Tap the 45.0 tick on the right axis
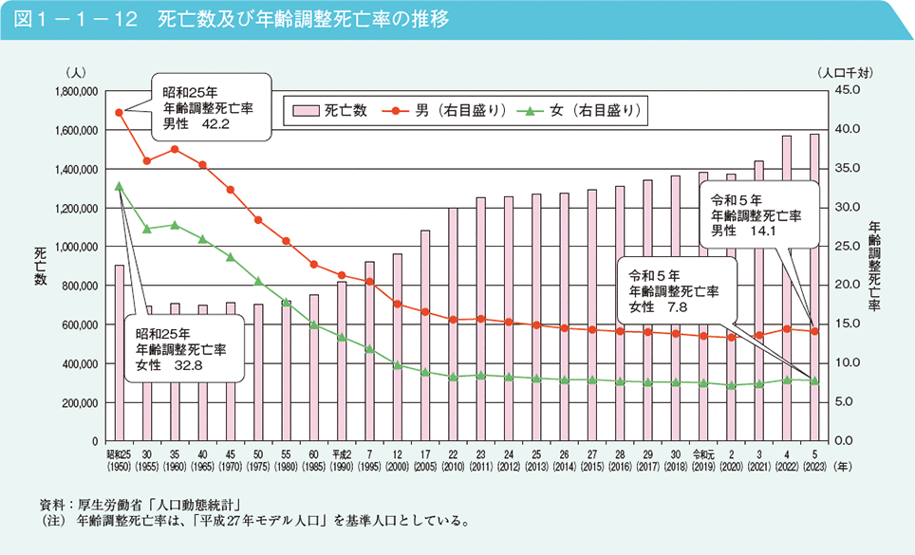(845, 90)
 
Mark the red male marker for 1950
(119, 112)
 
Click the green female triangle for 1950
(119, 186)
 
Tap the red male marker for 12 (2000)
(398, 305)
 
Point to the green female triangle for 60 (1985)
(314, 325)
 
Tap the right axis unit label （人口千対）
(845, 72)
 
